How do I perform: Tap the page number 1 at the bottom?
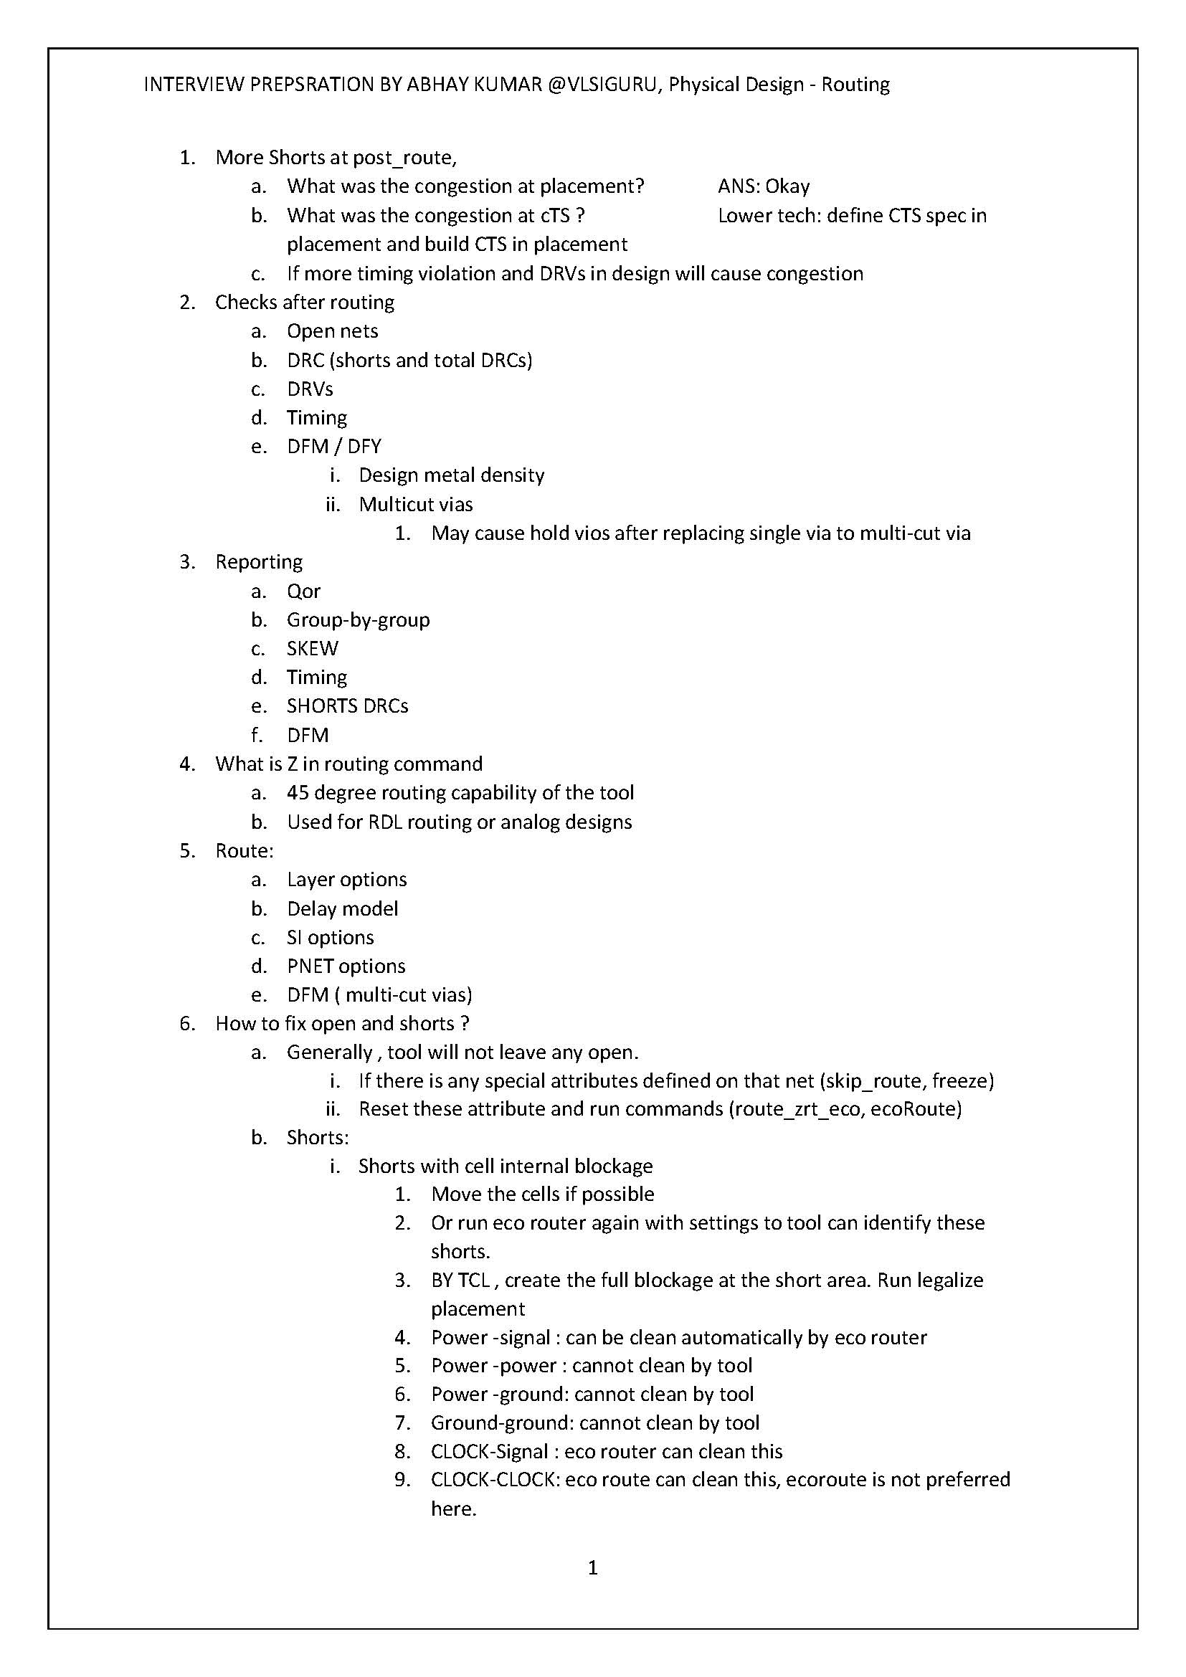coord(592,1567)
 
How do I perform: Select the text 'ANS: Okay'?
coord(763,186)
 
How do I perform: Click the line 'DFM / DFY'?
coord(333,446)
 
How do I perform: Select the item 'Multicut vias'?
coord(416,504)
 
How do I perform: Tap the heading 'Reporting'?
coord(259,561)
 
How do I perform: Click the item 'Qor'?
coord(304,591)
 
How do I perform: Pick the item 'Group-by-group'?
coord(358,619)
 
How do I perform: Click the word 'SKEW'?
coord(313,649)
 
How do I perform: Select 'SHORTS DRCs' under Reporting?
coord(347,706)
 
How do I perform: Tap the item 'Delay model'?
coord(343,908)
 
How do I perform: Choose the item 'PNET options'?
coord(346,966)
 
